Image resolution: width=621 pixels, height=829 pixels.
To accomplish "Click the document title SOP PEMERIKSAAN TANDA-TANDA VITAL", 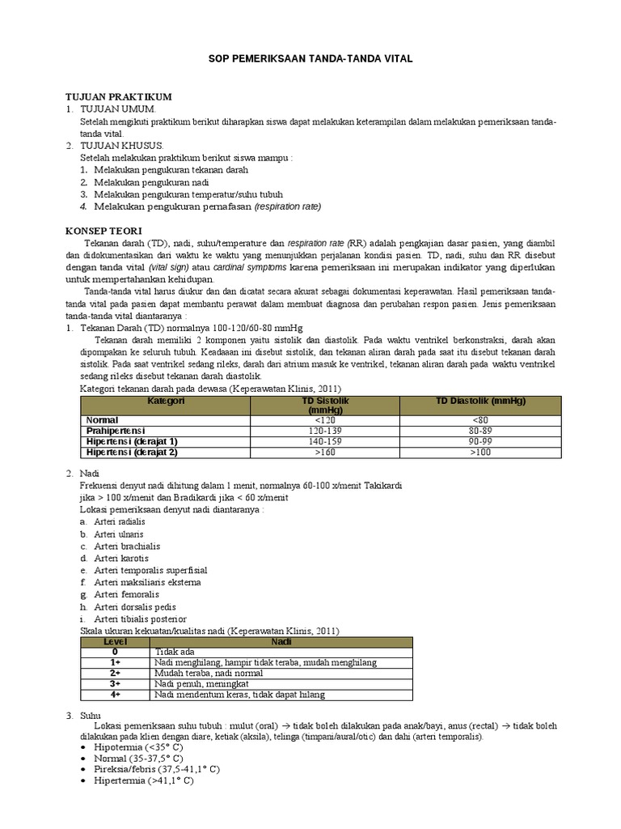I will [310, 60].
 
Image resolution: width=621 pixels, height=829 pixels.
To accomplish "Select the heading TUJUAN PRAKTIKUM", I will [118, 96].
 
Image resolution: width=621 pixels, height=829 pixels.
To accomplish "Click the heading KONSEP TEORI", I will [103, 231].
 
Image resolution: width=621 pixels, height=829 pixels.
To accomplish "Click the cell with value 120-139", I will [323, 432].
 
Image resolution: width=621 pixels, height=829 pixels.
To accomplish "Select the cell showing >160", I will [323, 453].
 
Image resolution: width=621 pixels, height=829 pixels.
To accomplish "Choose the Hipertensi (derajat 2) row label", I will [131, 453].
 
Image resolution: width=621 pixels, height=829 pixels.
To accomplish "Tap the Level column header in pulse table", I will [116, 640].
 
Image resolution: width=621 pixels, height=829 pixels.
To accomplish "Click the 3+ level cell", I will [116, 683].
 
